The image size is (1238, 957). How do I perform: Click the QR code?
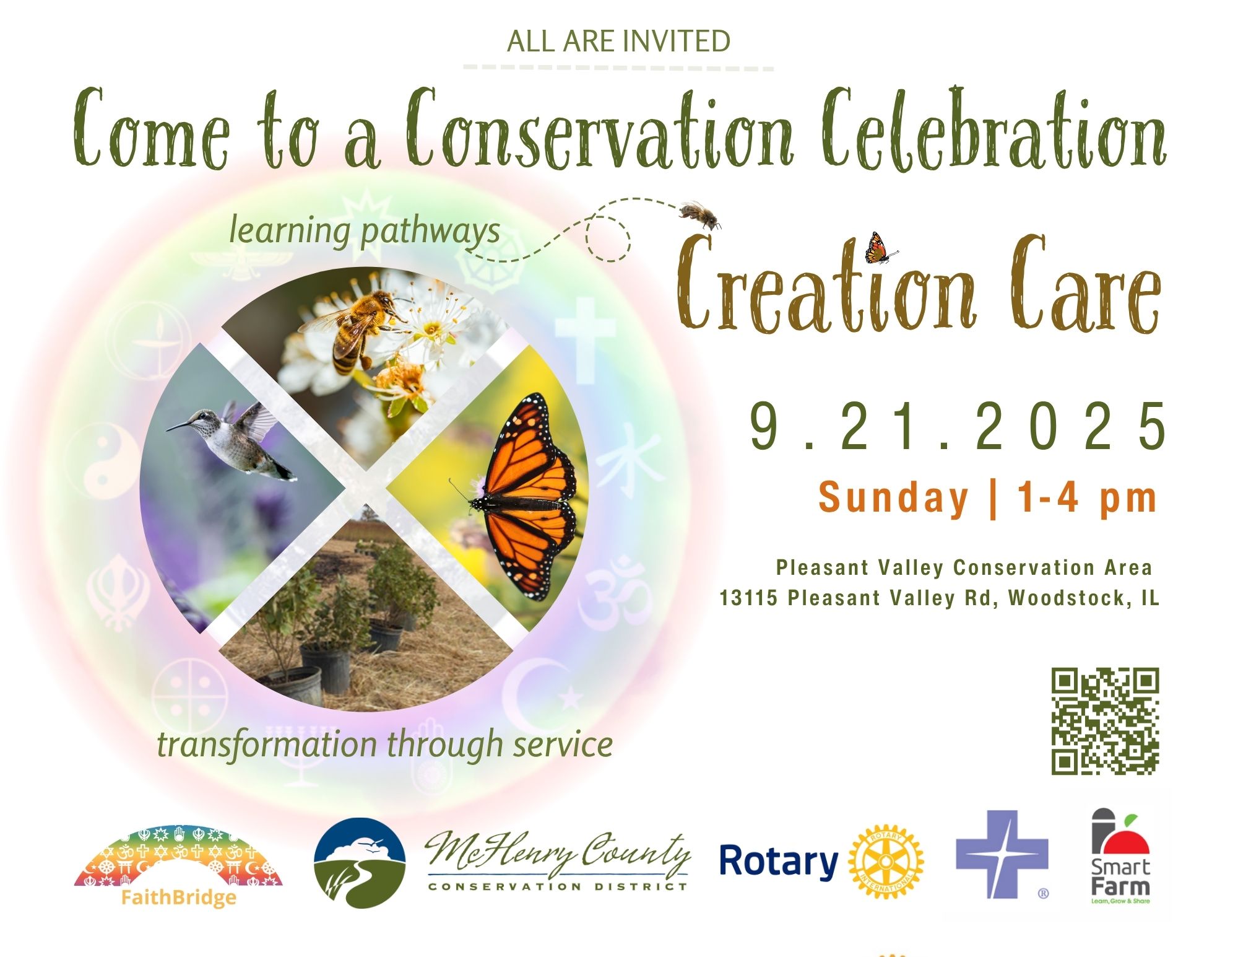1105,721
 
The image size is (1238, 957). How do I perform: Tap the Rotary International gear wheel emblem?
886,862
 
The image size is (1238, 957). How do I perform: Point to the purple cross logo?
1002,854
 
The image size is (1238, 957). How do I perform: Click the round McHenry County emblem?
360,863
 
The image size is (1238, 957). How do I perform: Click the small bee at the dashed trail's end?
700,214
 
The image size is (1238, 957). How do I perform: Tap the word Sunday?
893,498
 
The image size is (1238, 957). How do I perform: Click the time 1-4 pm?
1087,497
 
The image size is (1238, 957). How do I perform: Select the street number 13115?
748,598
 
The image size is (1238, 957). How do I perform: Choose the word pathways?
430,232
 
